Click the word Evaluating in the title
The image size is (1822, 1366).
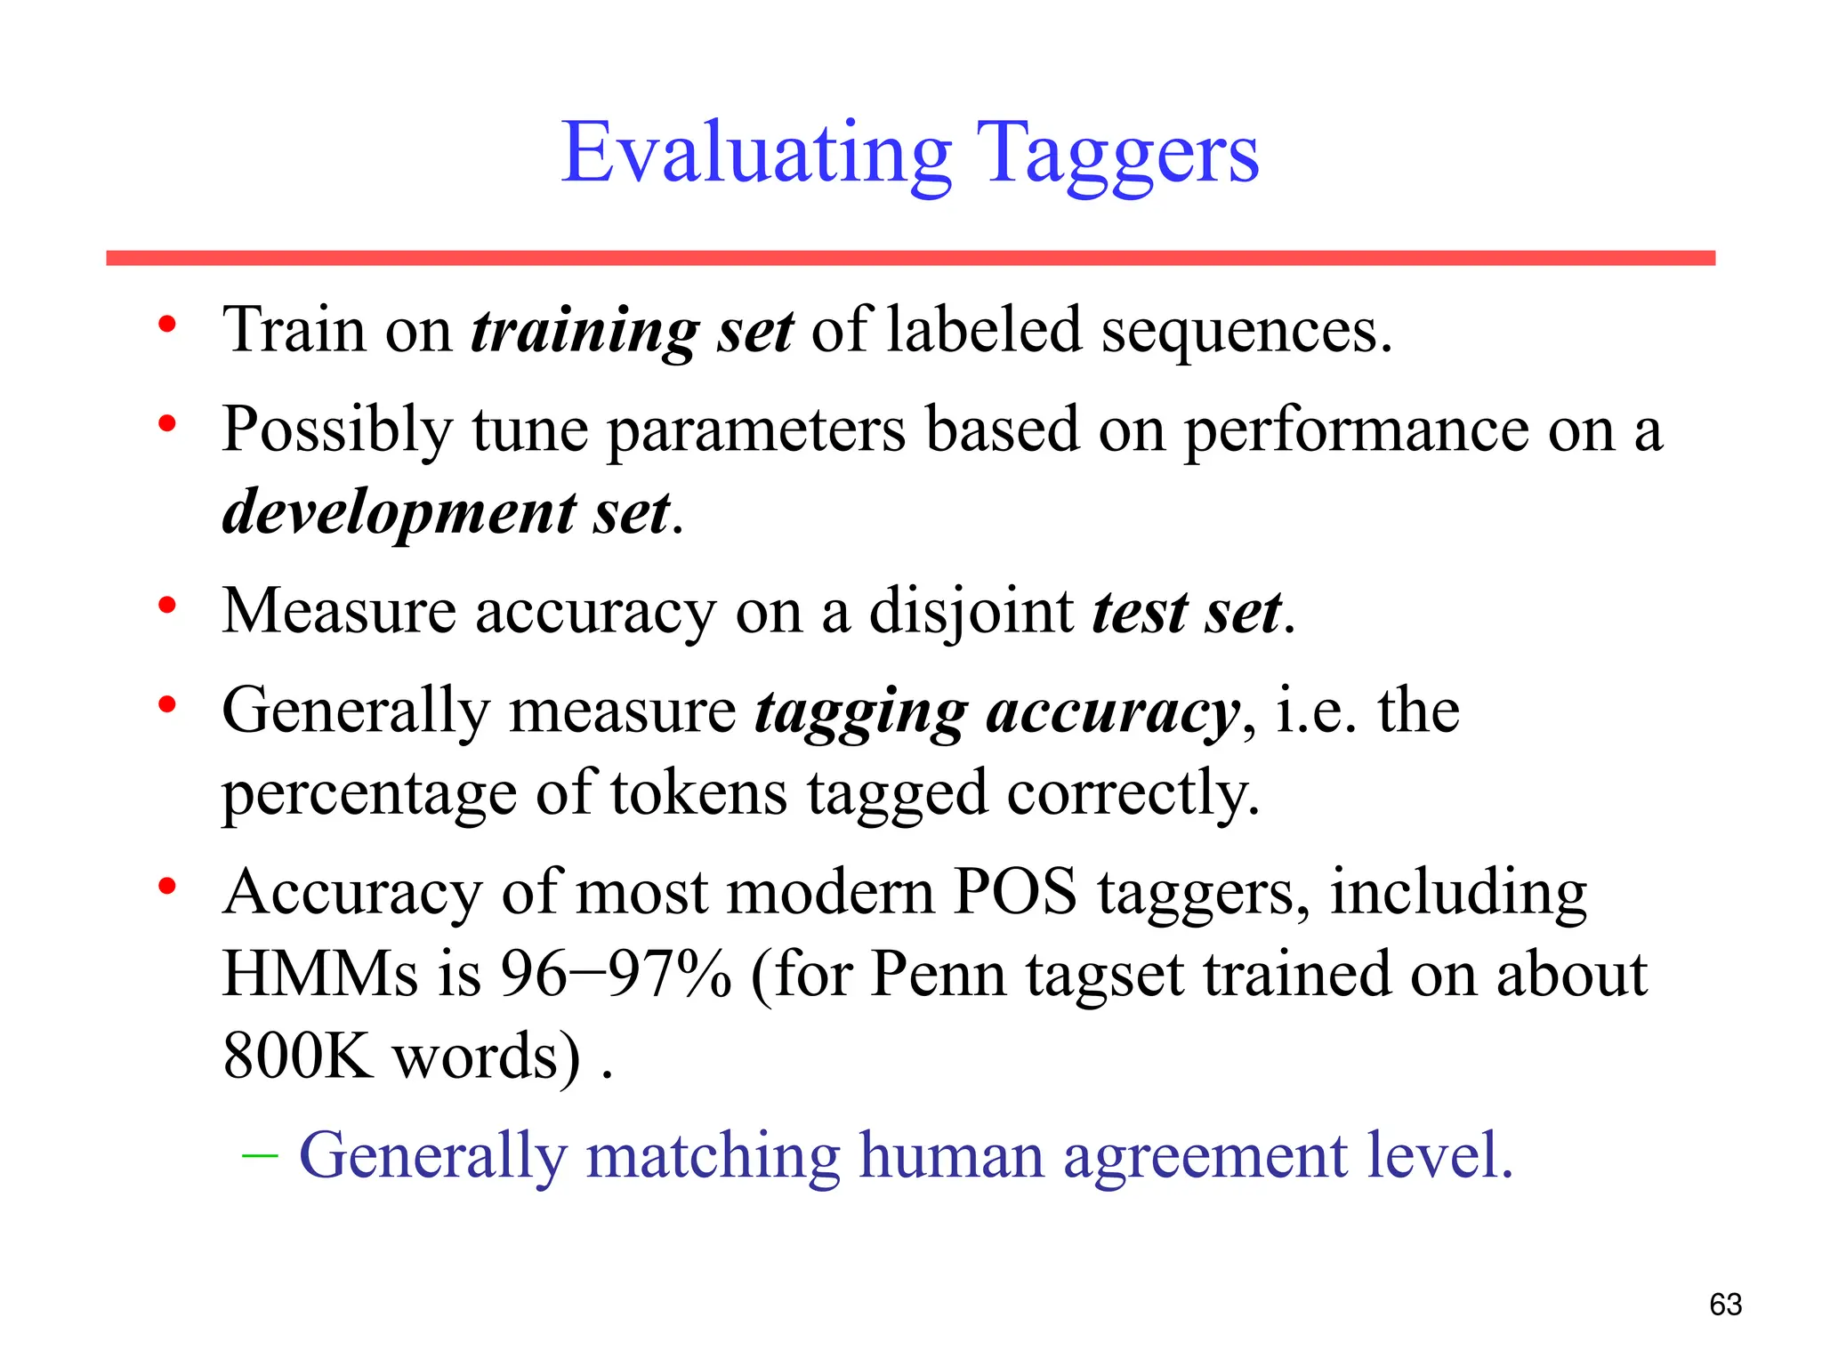(756, 154)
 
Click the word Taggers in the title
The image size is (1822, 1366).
(1117, 154)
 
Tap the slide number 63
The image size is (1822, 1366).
(1725, 1305)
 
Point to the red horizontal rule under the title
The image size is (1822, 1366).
(910, 258)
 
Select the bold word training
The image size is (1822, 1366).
(584, 332)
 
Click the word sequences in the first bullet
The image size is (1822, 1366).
(1246, 332)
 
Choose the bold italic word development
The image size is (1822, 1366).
(399, 513)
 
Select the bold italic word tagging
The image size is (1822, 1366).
(860, 713)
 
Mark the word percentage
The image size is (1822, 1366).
(368, 794)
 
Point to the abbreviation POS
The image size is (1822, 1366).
(1014, 892)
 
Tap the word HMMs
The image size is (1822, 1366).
(319, 974)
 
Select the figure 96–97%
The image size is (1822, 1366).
(616, 974)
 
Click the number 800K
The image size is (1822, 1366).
(298, 1056)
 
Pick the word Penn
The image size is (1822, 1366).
(938, 974)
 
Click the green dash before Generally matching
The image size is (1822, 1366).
(260, 1155)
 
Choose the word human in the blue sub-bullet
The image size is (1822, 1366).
(951, 1155)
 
